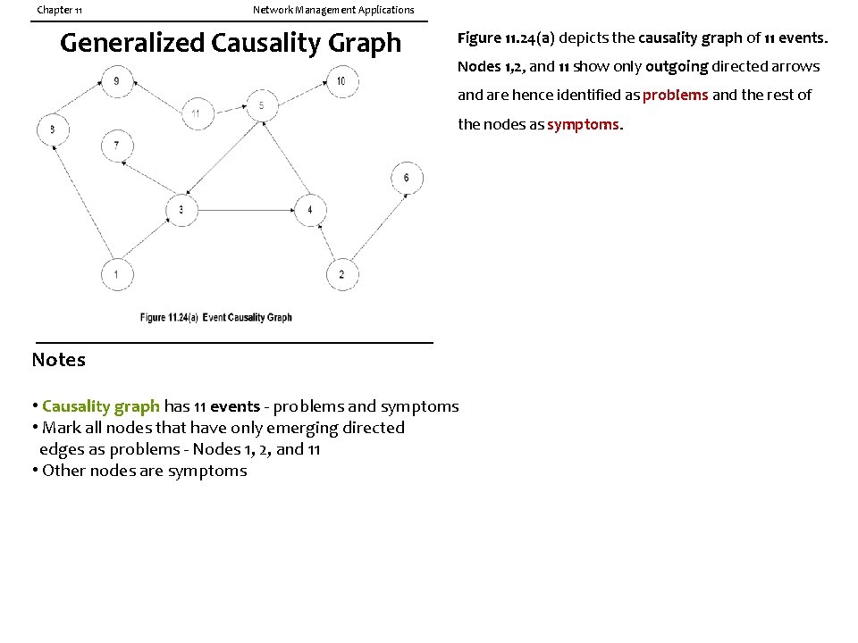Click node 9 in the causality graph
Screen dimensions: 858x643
[117, 82]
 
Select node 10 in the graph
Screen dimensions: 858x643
[341, 82]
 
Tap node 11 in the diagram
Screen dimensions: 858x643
[196, 113]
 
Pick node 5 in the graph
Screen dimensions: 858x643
[261, 105]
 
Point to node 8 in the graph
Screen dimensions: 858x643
[53, 129]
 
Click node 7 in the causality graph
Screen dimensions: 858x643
[116, 146]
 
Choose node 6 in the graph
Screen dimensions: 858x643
[407, 178]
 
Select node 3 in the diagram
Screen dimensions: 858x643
[181, 210]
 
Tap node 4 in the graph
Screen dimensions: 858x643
[309, 210]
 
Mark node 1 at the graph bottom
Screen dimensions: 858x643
[116, 273]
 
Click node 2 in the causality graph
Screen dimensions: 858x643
[341, 273]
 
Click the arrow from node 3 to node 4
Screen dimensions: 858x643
[246, 210]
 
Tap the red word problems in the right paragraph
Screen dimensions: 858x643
[675, 95]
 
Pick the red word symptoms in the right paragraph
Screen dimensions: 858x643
[583, 124]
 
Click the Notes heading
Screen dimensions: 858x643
[59, 360]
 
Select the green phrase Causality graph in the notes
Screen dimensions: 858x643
[100, 406]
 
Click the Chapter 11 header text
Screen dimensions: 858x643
[60, 10]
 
